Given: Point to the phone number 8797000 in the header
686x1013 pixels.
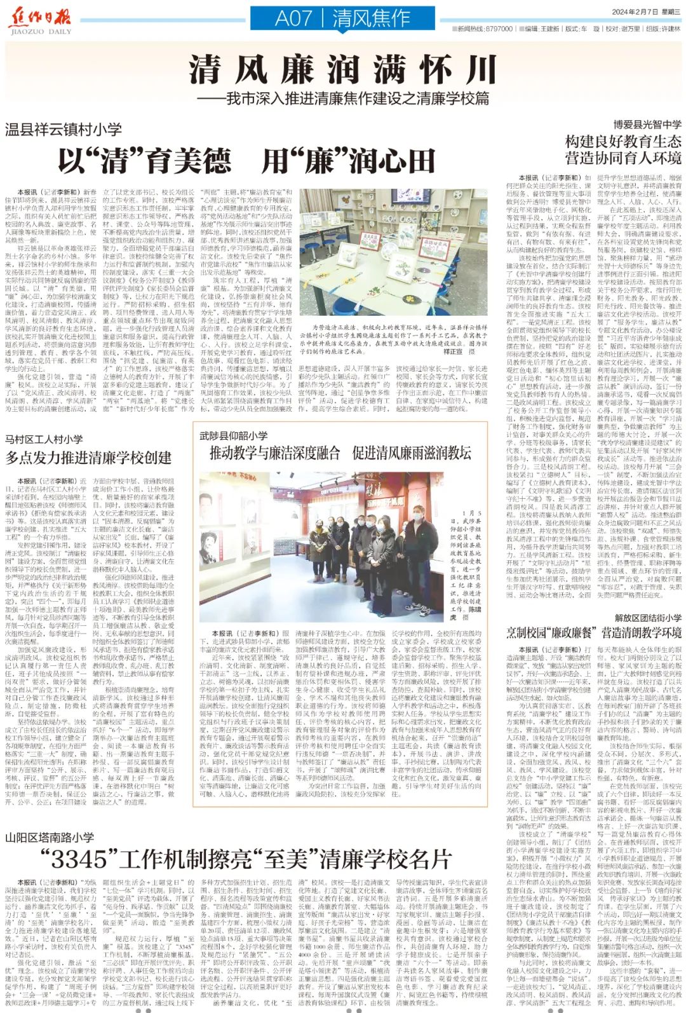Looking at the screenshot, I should (499, 29).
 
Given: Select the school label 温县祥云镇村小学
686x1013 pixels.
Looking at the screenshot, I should (64, 130).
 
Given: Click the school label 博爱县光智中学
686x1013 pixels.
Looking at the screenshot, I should (647, 125).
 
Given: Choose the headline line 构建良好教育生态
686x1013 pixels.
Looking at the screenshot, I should (623, 141).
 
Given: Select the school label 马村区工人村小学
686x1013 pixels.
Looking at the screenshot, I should (44, 439).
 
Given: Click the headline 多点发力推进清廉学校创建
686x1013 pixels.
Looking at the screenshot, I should (88, 458).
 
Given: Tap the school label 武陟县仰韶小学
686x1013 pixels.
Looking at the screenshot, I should (233, 435).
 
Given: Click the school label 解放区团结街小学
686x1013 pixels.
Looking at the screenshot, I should (647, 617).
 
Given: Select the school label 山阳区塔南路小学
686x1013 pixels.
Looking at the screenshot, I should (50, 838).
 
